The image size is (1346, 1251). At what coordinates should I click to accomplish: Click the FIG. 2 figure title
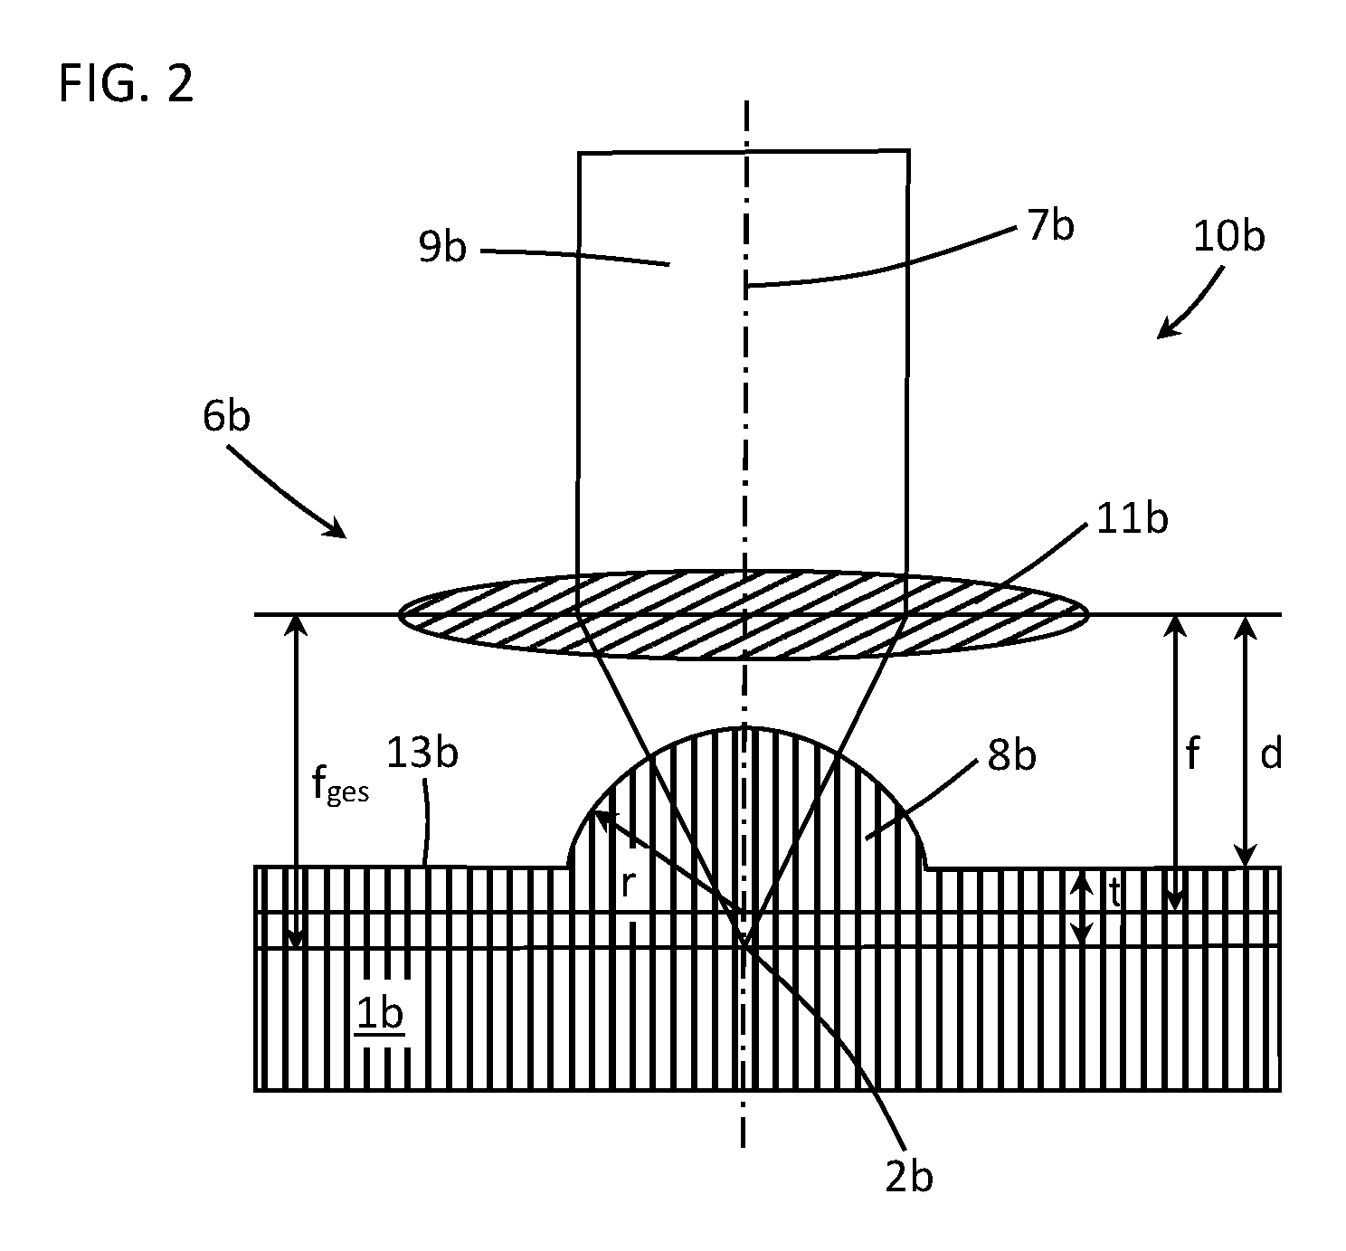point(126,83)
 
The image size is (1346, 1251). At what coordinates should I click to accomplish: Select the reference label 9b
point(442,247)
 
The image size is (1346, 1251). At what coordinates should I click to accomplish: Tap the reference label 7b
point(1050,225)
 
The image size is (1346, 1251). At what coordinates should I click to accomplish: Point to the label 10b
point(1228,237)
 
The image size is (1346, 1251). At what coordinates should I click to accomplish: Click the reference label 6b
point(226,416)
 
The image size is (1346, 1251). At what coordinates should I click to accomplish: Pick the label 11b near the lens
point(1132,519)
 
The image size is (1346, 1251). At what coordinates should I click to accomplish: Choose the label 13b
point(422,753)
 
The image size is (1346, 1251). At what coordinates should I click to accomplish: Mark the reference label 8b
point(1011,754)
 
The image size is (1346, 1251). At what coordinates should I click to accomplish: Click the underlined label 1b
point(380,1014)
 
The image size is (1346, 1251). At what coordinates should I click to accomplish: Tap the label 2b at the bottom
point(909,1179)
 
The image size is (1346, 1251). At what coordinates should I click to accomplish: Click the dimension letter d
point(1271,754)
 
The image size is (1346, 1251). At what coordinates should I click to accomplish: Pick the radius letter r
point(628,884)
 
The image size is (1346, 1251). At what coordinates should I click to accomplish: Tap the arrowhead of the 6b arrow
point(336,528)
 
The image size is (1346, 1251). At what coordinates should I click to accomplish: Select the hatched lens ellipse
point(744,614)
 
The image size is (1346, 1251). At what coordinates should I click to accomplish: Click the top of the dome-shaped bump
point(744,727)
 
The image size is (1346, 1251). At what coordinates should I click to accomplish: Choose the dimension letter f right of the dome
point(1192,753)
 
